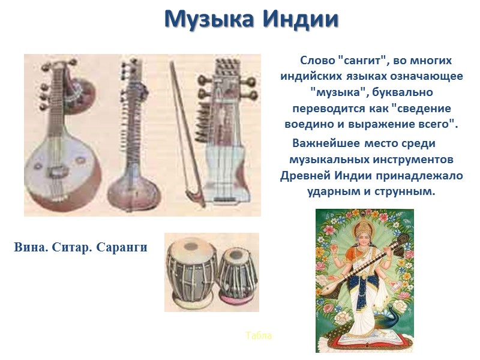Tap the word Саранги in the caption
[122, 247]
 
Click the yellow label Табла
[259, 335]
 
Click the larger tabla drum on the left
[190, 271]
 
